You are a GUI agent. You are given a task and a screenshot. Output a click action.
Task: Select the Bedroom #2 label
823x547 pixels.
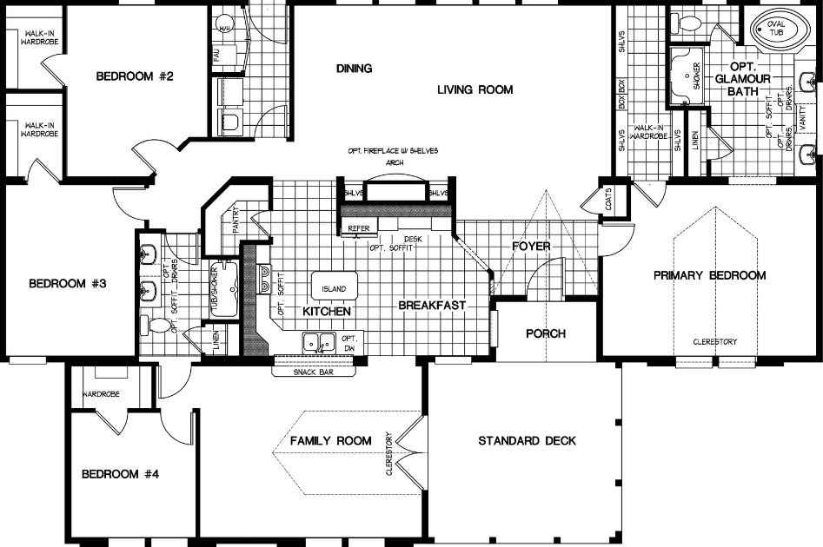point(135,76)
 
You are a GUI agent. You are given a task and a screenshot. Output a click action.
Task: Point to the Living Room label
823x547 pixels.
point(475,89)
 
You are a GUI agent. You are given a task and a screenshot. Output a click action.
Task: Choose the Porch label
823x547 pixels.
point(546,333)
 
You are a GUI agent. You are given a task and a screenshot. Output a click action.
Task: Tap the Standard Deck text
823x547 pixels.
point(527,441)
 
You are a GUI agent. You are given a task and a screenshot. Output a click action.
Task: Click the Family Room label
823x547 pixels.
point(330,440)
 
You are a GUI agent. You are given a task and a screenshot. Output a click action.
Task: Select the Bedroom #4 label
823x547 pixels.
point(121,474)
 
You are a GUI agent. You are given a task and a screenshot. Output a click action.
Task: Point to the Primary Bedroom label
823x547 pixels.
point(709,275)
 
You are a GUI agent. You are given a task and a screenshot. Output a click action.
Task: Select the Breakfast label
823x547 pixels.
point(433,306)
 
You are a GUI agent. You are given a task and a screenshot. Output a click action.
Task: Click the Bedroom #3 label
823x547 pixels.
point(68,283)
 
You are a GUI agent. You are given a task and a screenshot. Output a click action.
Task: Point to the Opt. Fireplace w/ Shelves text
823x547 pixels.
point(395,151)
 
